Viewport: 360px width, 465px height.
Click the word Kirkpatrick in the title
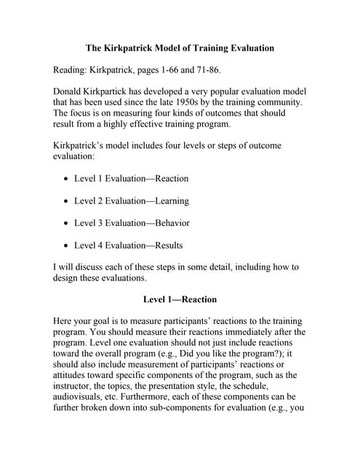[131, 48]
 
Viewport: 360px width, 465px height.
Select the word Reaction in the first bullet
[167, 178]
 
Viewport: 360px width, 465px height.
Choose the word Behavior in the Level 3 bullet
[168, 222]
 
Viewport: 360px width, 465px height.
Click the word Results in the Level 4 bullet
[165, 245]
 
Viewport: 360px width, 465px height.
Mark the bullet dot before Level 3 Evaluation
[67, 223]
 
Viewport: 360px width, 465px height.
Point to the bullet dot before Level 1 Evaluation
[67, 179]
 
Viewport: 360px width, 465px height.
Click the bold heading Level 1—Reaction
[180, 299]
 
